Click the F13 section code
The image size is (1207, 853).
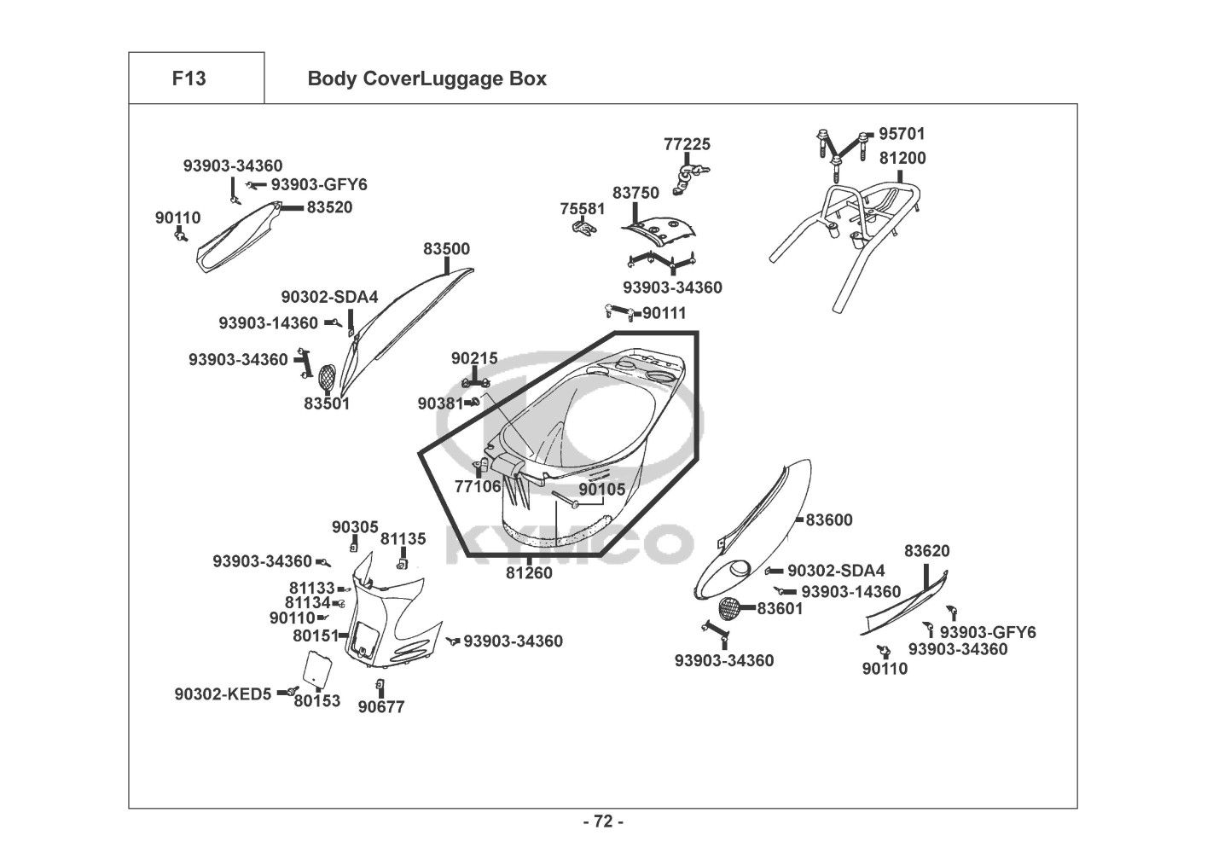[189, 78]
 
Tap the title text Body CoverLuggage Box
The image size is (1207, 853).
[427, 79]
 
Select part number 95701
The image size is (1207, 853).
[902, 134]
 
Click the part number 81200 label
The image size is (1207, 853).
[902, 158]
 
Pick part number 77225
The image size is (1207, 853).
[687, 144]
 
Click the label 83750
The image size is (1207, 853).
[635, 194]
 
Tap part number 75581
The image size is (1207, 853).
[583, 209]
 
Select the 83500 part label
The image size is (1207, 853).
[446, 249]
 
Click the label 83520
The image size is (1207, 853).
[329, 207]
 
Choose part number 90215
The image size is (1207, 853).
[474, 358]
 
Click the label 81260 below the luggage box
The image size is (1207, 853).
[529, 573]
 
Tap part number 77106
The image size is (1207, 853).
[478, 486]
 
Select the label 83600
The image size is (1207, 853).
[829, 519]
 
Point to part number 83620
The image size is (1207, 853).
[926, 551]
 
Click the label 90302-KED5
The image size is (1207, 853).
[223, 694]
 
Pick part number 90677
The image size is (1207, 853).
[381, 707]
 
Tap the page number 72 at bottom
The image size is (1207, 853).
[603, 821]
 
